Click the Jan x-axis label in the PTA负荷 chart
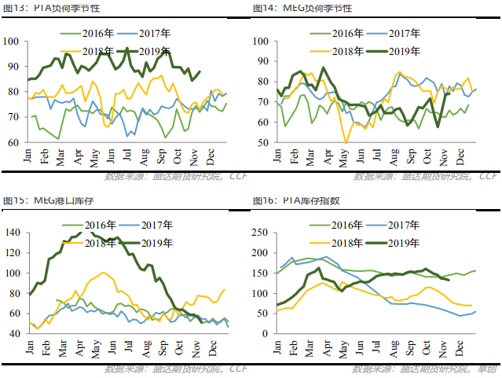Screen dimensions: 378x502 point(29,156)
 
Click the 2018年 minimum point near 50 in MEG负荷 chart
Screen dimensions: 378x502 point(346,142)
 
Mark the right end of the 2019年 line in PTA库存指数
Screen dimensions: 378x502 point(449,280)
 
